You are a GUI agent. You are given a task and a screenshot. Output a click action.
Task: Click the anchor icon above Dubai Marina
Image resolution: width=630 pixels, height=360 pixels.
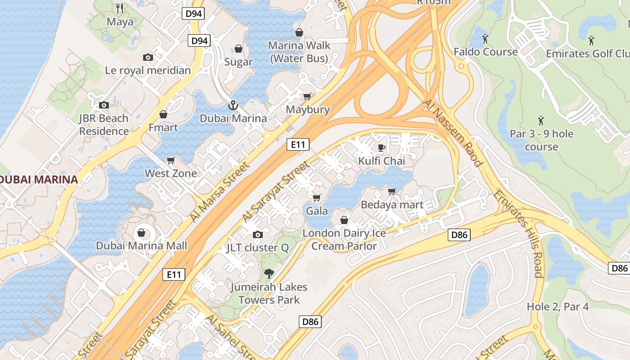(x=233, y=106)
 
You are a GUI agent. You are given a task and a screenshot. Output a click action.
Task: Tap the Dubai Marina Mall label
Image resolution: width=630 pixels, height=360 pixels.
(x=141, y=246)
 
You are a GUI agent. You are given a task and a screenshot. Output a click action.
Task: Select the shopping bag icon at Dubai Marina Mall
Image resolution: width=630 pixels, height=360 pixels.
(x=141, y=233)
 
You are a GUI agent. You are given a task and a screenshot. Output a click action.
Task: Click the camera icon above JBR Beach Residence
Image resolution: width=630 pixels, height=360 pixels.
(x=104, y=105)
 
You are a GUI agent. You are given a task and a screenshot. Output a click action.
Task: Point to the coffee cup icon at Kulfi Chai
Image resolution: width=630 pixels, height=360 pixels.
(x=382, y=148)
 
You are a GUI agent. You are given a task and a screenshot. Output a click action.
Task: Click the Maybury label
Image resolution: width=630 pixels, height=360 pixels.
(x=308, y=109)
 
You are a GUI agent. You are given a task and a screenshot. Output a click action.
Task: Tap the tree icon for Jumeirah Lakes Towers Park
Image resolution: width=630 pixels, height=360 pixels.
(x=269, y=273)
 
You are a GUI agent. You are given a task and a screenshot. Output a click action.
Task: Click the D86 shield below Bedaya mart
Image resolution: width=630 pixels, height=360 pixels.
(x=459, y=234)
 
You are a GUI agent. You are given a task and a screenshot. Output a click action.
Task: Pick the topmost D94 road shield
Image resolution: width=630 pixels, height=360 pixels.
(x=194, y=13)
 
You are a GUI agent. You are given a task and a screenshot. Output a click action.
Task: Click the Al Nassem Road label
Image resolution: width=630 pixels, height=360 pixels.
(x=453, y=134)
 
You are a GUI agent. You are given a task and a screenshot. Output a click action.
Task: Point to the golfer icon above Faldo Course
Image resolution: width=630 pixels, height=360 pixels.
(x=485, y=39)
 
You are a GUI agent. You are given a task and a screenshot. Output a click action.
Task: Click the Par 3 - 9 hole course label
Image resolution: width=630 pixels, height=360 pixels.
(x=541, y=140)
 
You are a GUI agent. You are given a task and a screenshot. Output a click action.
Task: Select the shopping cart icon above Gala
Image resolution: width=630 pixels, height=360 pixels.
(x=317, y=198)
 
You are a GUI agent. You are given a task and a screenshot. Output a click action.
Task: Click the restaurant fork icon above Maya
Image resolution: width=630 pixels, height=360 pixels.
(x=120, y=8)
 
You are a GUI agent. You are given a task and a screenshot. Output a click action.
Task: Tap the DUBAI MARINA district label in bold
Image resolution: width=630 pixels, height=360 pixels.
(x=39, y=180)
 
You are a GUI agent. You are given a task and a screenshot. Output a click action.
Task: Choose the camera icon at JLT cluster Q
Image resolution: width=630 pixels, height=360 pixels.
(x=258, y=234)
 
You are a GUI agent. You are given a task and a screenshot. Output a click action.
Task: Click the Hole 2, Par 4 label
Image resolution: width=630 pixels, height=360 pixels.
(x=558, y=306)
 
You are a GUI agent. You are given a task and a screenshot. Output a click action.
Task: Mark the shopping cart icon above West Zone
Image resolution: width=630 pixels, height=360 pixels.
(x=171, y=160)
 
